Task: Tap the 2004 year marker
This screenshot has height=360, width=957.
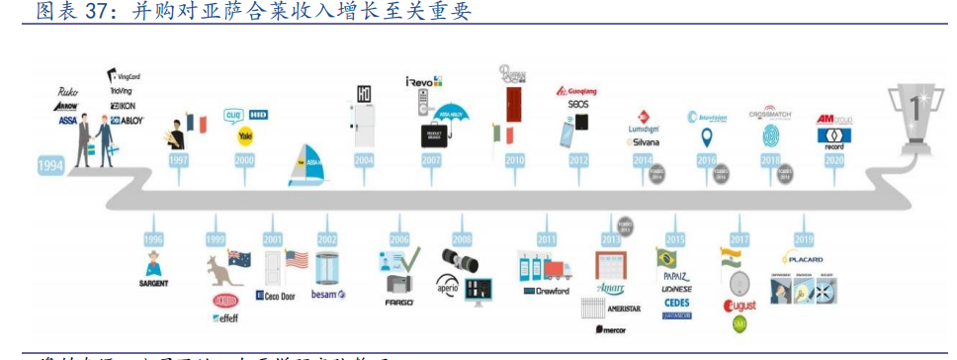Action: click(x=363, y=159)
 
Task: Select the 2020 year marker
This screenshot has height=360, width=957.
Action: click(x=833, y=159)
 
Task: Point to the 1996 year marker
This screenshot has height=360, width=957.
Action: click(x=152, y=238)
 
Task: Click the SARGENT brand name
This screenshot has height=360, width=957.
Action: click(x=153, y=284)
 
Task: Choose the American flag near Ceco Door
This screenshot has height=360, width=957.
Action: click(x=297, y=260)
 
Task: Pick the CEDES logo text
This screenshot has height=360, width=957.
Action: click(x=677, y=303)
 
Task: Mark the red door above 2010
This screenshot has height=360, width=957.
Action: click(x=513, y=103)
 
